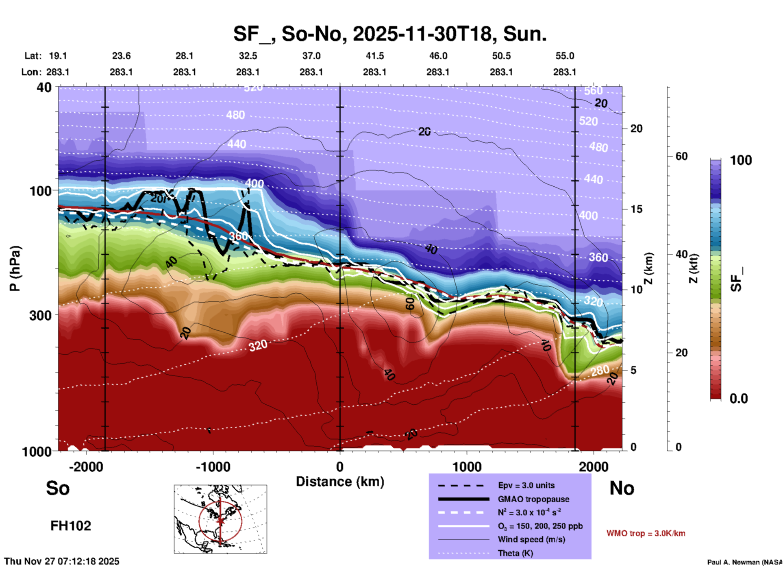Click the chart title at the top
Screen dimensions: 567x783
click(x=389, y=34)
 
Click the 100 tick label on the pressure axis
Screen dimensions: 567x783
click(x=41, y=191)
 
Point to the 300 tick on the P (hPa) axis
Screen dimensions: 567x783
click(x=41, y=315)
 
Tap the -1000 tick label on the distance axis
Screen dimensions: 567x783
click(x=213, y=467)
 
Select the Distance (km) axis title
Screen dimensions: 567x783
click(x=340, y=482)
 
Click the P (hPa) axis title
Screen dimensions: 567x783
click(x=15, y=268)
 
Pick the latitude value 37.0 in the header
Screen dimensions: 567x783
click(x=311, y=56)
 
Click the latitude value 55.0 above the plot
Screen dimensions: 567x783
click(x=565, y=56)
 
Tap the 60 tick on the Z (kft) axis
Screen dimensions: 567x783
click(x=681, y=156)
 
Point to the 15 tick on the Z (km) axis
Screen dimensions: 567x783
click(x=636, y=209)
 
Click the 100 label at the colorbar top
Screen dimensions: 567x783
click(x=741, y=160)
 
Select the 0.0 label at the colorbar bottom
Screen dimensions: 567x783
click(x=739, y=399)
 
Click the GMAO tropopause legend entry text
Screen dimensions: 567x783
click(x=533, y=499)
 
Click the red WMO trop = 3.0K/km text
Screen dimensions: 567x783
click(x=646, y=533)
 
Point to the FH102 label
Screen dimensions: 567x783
click(x=71, y=526)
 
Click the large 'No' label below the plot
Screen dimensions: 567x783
click(x=622, y=488)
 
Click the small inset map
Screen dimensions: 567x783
click(x=220, y=519)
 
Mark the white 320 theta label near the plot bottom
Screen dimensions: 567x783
click(x=258, y=346)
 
